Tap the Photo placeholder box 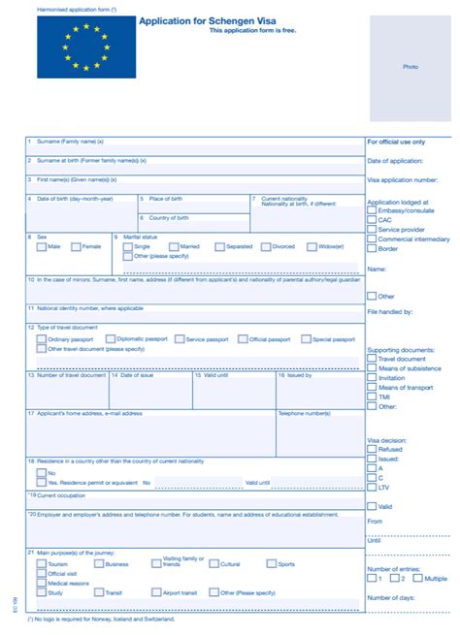click(410, 66)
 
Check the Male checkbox click(41, 246)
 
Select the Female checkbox click(76, 246)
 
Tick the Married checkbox click(174, 246)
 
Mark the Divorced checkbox click(266, 246)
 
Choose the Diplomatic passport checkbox click(109, 339)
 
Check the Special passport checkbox click(306, 339)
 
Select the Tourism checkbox click(41, 563)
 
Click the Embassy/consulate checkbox click(372, 209)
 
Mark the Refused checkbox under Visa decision click(372, 449)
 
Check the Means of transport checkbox click(372, 387)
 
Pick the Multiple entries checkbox click(418, 578)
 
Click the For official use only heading click(396, 142)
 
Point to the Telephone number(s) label click(305, 413)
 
